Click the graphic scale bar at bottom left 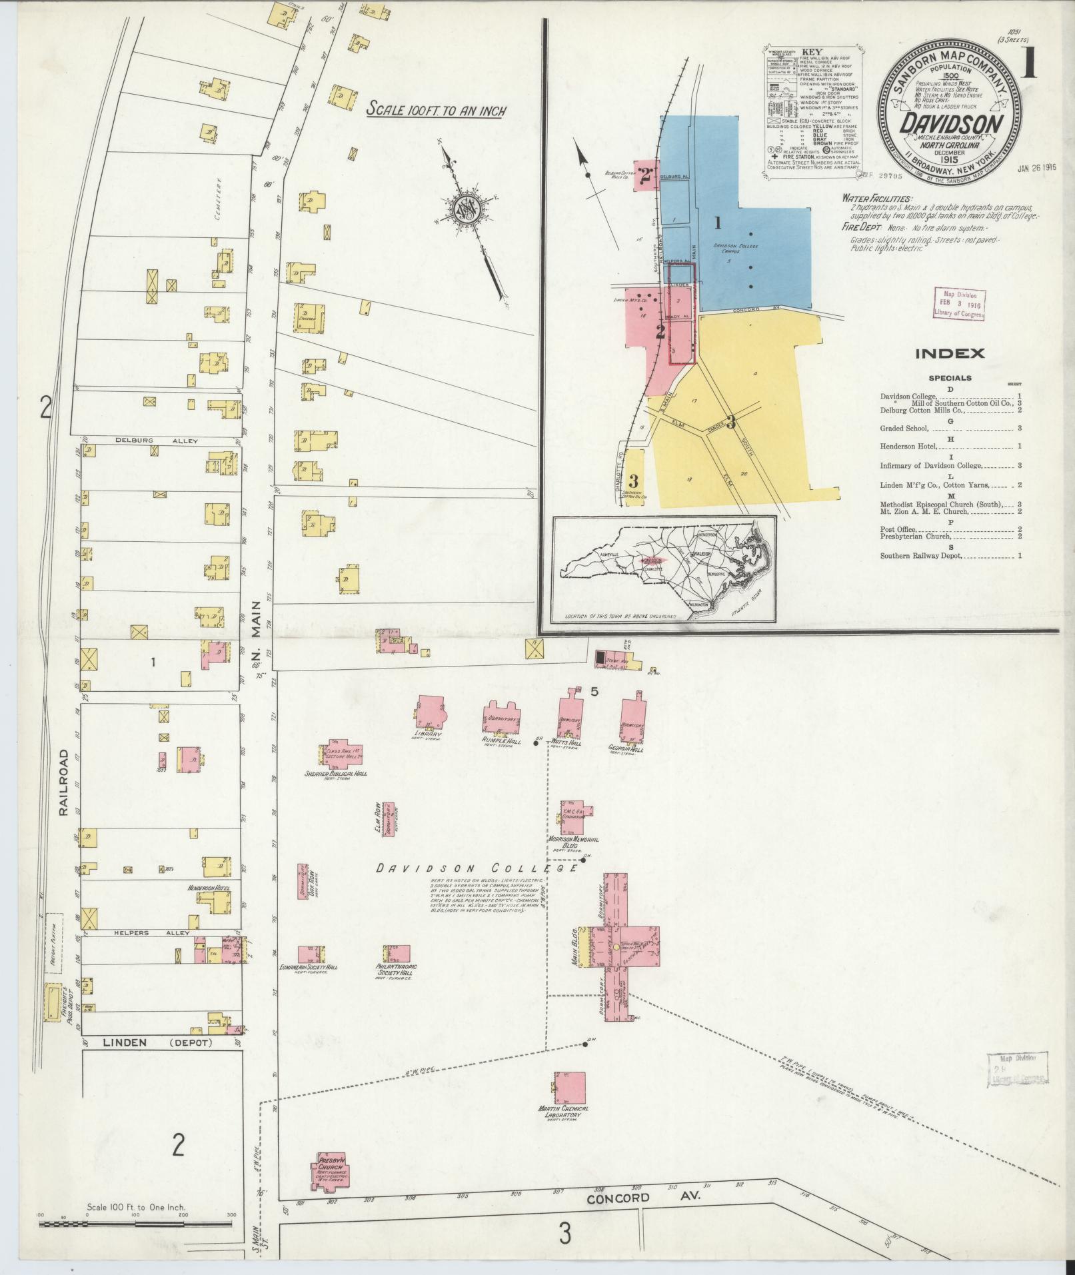[x=137, y=1224]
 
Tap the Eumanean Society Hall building [x=311, y=954]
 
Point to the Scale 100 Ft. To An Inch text [x=437, y=110]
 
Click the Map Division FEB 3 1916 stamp [x=960, y=305]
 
